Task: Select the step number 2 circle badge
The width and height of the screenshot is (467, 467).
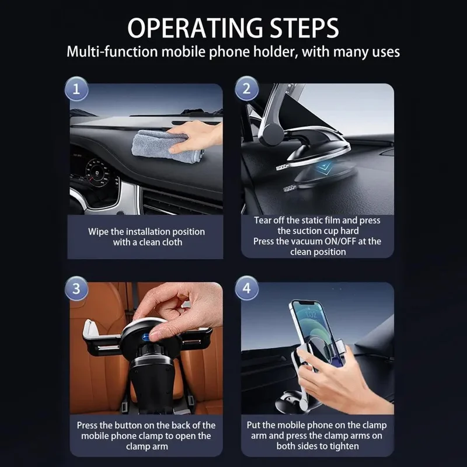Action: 246,89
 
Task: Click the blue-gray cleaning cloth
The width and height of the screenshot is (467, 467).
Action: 158,145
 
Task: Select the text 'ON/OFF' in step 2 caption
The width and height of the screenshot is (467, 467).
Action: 336,241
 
